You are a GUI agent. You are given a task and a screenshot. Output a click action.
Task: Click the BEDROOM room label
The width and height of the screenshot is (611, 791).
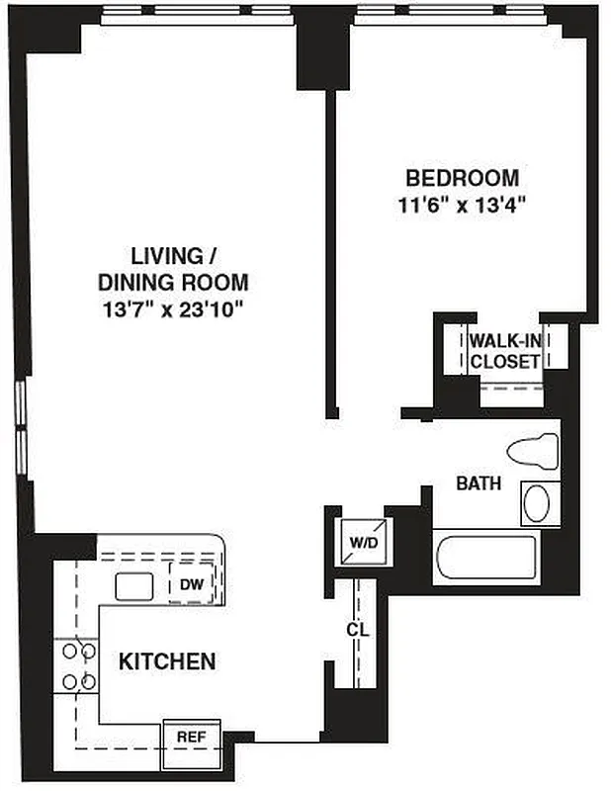pyautogui.click(x=463, y=178)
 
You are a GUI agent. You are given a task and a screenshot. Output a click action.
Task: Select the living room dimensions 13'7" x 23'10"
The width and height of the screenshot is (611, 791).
pyautogui.click(x=174, y=308)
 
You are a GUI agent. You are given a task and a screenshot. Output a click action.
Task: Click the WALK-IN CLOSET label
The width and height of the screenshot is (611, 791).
pyautogui.click(x=505, y=350)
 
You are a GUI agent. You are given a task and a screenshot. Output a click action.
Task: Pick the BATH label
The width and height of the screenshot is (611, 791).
pyautogui.click(x=478, y=484)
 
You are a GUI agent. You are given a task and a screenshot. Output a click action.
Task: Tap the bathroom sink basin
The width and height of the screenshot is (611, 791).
pyautogui.click(x=537, y=503)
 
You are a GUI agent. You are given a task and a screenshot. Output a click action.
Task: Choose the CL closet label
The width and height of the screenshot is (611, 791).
pyautogui.click(x=357, y=630)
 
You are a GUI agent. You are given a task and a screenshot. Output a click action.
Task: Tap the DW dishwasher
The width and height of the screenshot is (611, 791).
pyautogui.click(x=192, y=584)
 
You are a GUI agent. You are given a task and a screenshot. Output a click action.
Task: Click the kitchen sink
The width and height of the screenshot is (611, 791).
pyautogui.click(x=133, y=586)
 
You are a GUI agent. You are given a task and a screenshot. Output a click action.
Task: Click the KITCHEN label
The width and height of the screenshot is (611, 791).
pyautogui.click(x=167, y=661)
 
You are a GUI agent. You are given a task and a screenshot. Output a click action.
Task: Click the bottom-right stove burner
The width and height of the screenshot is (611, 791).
pyautogui.click(x=89, y=681)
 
